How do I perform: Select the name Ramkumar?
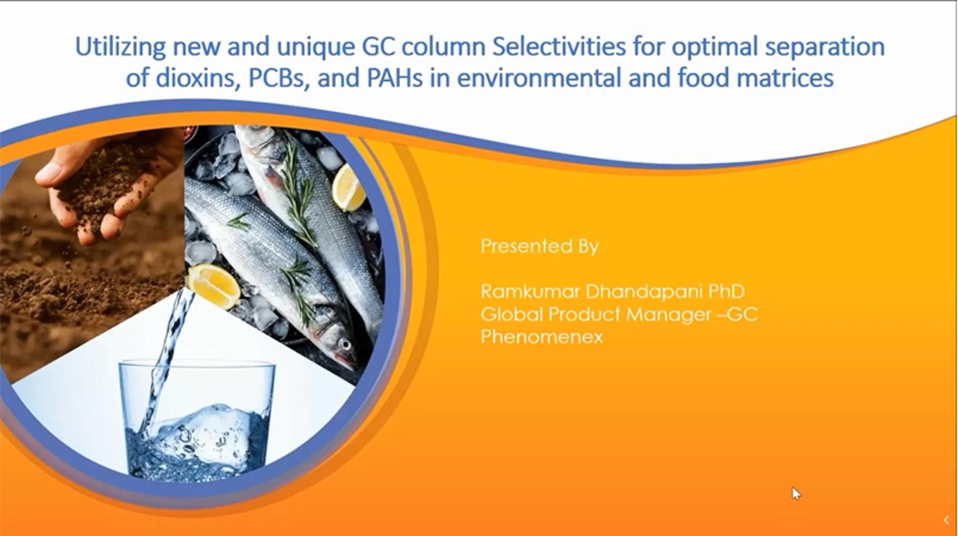(x=530, y=291)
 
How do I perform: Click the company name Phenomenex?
(x=541, y=337)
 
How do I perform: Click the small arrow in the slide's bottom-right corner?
(x=947, y=520)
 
